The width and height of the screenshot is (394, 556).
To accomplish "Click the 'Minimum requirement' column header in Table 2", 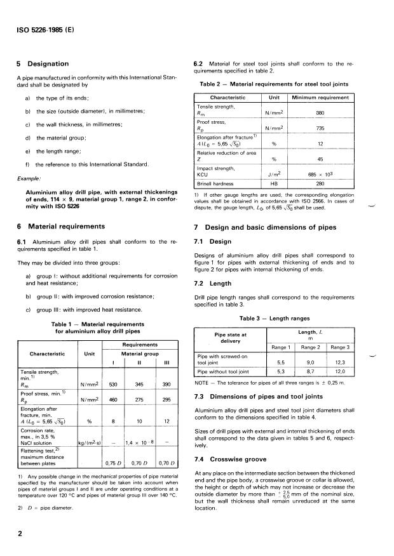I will (x=320, y=98).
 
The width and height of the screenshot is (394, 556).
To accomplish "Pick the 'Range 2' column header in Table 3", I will (x=311, y=348).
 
